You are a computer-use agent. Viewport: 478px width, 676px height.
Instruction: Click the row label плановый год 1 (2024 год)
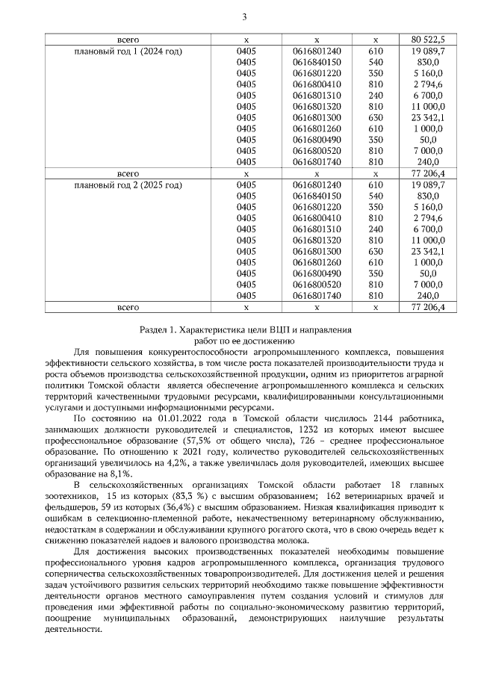128,51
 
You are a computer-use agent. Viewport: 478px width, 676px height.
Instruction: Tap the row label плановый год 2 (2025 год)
128,184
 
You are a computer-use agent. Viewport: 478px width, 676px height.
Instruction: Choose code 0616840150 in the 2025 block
317,195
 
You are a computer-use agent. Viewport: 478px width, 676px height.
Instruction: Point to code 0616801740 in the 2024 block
317,161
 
